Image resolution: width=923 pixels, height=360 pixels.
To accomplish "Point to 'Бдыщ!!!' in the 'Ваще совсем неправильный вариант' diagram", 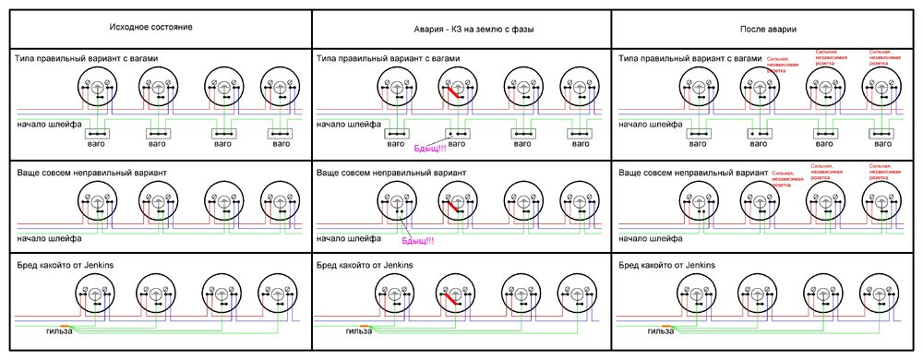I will click(x=417, y=241).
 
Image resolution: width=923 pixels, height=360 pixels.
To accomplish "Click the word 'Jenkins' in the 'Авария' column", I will click(x=394, y=265).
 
